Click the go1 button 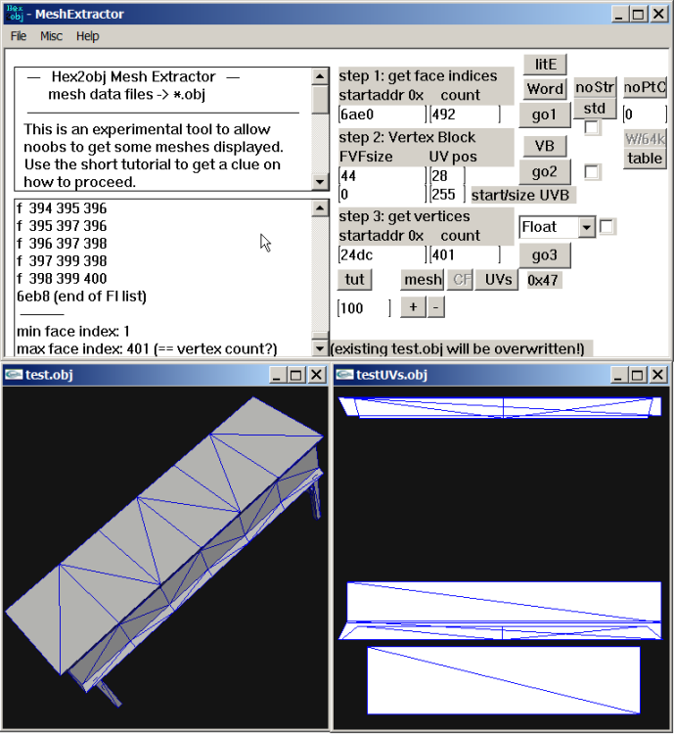[545, 115]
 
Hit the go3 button [545, 255]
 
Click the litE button [545, 65]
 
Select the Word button [545, 88]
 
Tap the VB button [544, 146]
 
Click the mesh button [424, 280]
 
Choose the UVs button [498, 280]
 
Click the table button [645, 159]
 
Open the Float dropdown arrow [586, 227]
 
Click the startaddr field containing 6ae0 [382, 115]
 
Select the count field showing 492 [465, 115]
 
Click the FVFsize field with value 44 [382, 176]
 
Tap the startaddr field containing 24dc [382, 255]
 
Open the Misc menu [51, 36]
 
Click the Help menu [87, 36]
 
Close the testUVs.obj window [657, 375]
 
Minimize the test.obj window [276, 375]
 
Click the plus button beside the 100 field [413, 307]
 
